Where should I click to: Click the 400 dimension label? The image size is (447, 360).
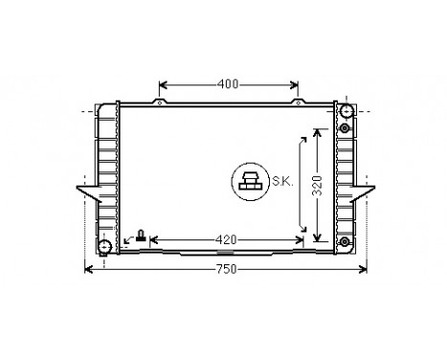[x=227, y=84]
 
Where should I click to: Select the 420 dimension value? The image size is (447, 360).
[x=226, y=238]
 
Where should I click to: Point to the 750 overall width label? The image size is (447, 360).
[x=224, y=270]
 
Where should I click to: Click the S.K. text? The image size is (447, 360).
[x=281, y=181]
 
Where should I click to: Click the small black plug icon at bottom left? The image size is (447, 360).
[x=142, y=236]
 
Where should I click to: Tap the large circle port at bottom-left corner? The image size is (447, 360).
[x=105, y=247]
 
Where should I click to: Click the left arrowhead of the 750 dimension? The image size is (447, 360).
[x=90, y=269]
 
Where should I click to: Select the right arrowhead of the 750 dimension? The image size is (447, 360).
[x=362, y=269]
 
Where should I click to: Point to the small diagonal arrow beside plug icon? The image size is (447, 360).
[x=129, y=238]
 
